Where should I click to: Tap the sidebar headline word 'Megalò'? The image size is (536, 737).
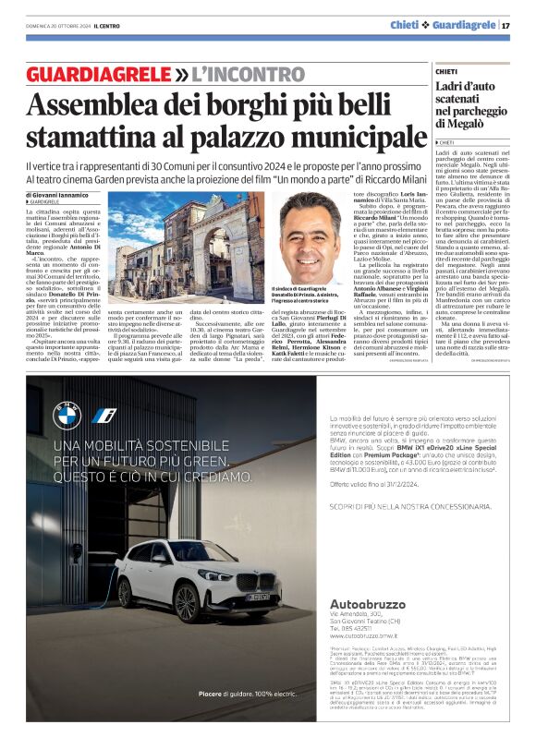click(x=461, y=124)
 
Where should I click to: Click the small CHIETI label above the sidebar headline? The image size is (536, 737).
click(x=446, y=70)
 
